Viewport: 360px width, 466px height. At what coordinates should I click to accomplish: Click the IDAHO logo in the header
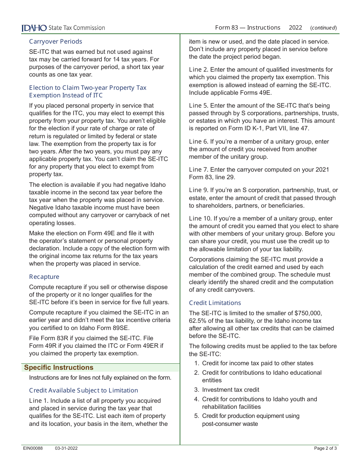point(34,28)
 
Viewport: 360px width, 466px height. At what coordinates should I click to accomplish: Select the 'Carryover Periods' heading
point(55,41)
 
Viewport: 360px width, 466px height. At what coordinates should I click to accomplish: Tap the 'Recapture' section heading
point(44,277)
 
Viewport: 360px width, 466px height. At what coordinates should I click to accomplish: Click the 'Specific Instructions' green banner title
point(58,367)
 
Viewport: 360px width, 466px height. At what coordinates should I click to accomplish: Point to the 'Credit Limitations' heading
point(215,303)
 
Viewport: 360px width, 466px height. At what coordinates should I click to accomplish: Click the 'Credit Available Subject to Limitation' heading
point(83,390)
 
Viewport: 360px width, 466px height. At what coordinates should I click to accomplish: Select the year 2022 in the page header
point(295,27)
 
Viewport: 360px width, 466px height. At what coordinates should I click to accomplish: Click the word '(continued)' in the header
point(323,28)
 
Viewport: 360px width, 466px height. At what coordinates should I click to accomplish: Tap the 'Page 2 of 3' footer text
point(325,448)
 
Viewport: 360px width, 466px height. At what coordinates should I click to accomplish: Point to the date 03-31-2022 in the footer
point(66,448)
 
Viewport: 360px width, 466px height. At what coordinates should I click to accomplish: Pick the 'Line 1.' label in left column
point(39,401)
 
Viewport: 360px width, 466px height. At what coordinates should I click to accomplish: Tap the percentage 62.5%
point(198,321)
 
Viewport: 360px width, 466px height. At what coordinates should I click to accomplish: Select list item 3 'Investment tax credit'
point(230,389)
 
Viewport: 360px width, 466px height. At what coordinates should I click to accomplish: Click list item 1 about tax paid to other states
point(258,363)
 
